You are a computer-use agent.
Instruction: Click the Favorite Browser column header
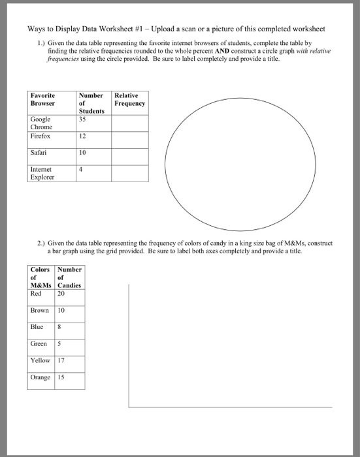(x=43, y=99)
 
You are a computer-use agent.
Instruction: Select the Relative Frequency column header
(x=129, y=99)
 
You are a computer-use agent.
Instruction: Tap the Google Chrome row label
(x=41, y=123)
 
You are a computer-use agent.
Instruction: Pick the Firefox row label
(x=40, y=136)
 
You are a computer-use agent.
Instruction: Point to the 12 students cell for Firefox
(x=82, y=136)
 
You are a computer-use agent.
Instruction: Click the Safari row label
(x=38, y=153)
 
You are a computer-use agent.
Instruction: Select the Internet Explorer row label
(x=44, y=173)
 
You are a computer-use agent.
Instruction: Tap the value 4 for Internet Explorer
(x=80, y=169)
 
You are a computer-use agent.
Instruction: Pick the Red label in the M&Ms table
(x=36, y=294)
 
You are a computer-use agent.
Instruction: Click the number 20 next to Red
(x=62, y=294)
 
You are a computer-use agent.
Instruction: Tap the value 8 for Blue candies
(x=61, y=327)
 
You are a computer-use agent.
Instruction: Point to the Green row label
(x=39, y=343)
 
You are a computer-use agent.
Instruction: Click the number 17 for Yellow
(x=62, y=360)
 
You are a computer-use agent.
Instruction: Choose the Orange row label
(x=40, y=377)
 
